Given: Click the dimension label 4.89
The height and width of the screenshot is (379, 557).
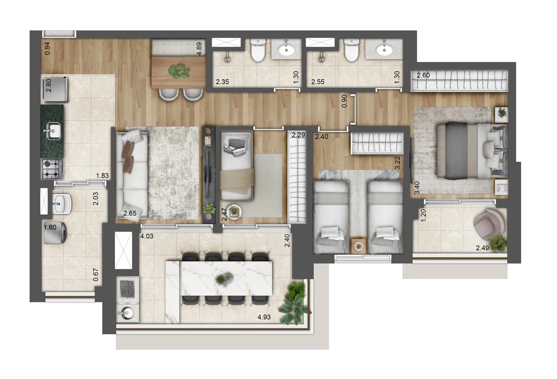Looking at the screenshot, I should point(199,49).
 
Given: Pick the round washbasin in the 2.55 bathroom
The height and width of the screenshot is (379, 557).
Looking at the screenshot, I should point(384,50).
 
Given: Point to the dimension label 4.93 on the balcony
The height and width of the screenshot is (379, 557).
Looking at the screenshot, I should point(264,317).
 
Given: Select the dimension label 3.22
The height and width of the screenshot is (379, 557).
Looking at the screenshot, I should point(397,163).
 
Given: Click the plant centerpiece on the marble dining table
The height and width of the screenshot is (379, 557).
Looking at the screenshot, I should point(224,279).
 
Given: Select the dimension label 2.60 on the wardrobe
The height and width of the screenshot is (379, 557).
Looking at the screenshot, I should point(423,75).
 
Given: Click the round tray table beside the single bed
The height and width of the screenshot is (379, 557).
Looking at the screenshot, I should point(234,212).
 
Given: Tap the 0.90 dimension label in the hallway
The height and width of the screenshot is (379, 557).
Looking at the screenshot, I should point(344,101).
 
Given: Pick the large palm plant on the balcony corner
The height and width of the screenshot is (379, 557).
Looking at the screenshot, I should point(294,305).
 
